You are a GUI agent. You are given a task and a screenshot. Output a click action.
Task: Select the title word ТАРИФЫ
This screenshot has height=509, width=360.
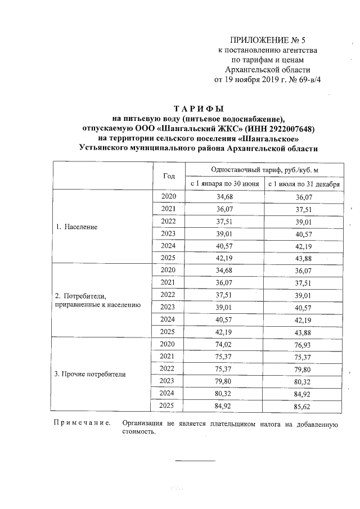coord(199,108)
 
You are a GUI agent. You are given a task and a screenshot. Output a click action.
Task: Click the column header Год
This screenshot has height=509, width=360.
coord(169,175)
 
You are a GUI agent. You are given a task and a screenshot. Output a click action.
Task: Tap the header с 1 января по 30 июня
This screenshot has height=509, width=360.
coord(224,183)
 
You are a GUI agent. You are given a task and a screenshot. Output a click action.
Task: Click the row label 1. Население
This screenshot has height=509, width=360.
coord(76,227)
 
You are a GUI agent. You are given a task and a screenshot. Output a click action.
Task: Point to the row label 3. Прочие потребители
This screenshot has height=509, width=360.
coord(90,374)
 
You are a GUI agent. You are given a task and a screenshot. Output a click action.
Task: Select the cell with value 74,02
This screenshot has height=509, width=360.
coord(224,344)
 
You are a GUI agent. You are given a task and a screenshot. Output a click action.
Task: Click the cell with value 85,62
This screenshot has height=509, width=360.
coord(304,406)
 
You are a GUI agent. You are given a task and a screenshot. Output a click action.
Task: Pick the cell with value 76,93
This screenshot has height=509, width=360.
coord(304,344)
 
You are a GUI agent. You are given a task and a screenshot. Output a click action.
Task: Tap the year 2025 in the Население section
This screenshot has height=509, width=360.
coord(169,258)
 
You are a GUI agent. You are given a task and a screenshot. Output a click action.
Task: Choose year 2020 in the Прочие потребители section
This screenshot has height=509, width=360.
coord(169,344)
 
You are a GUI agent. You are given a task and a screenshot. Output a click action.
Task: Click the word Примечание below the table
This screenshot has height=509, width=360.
coord(78,423)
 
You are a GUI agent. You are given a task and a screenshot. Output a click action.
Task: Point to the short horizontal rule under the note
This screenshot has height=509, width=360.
coord(195,461)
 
